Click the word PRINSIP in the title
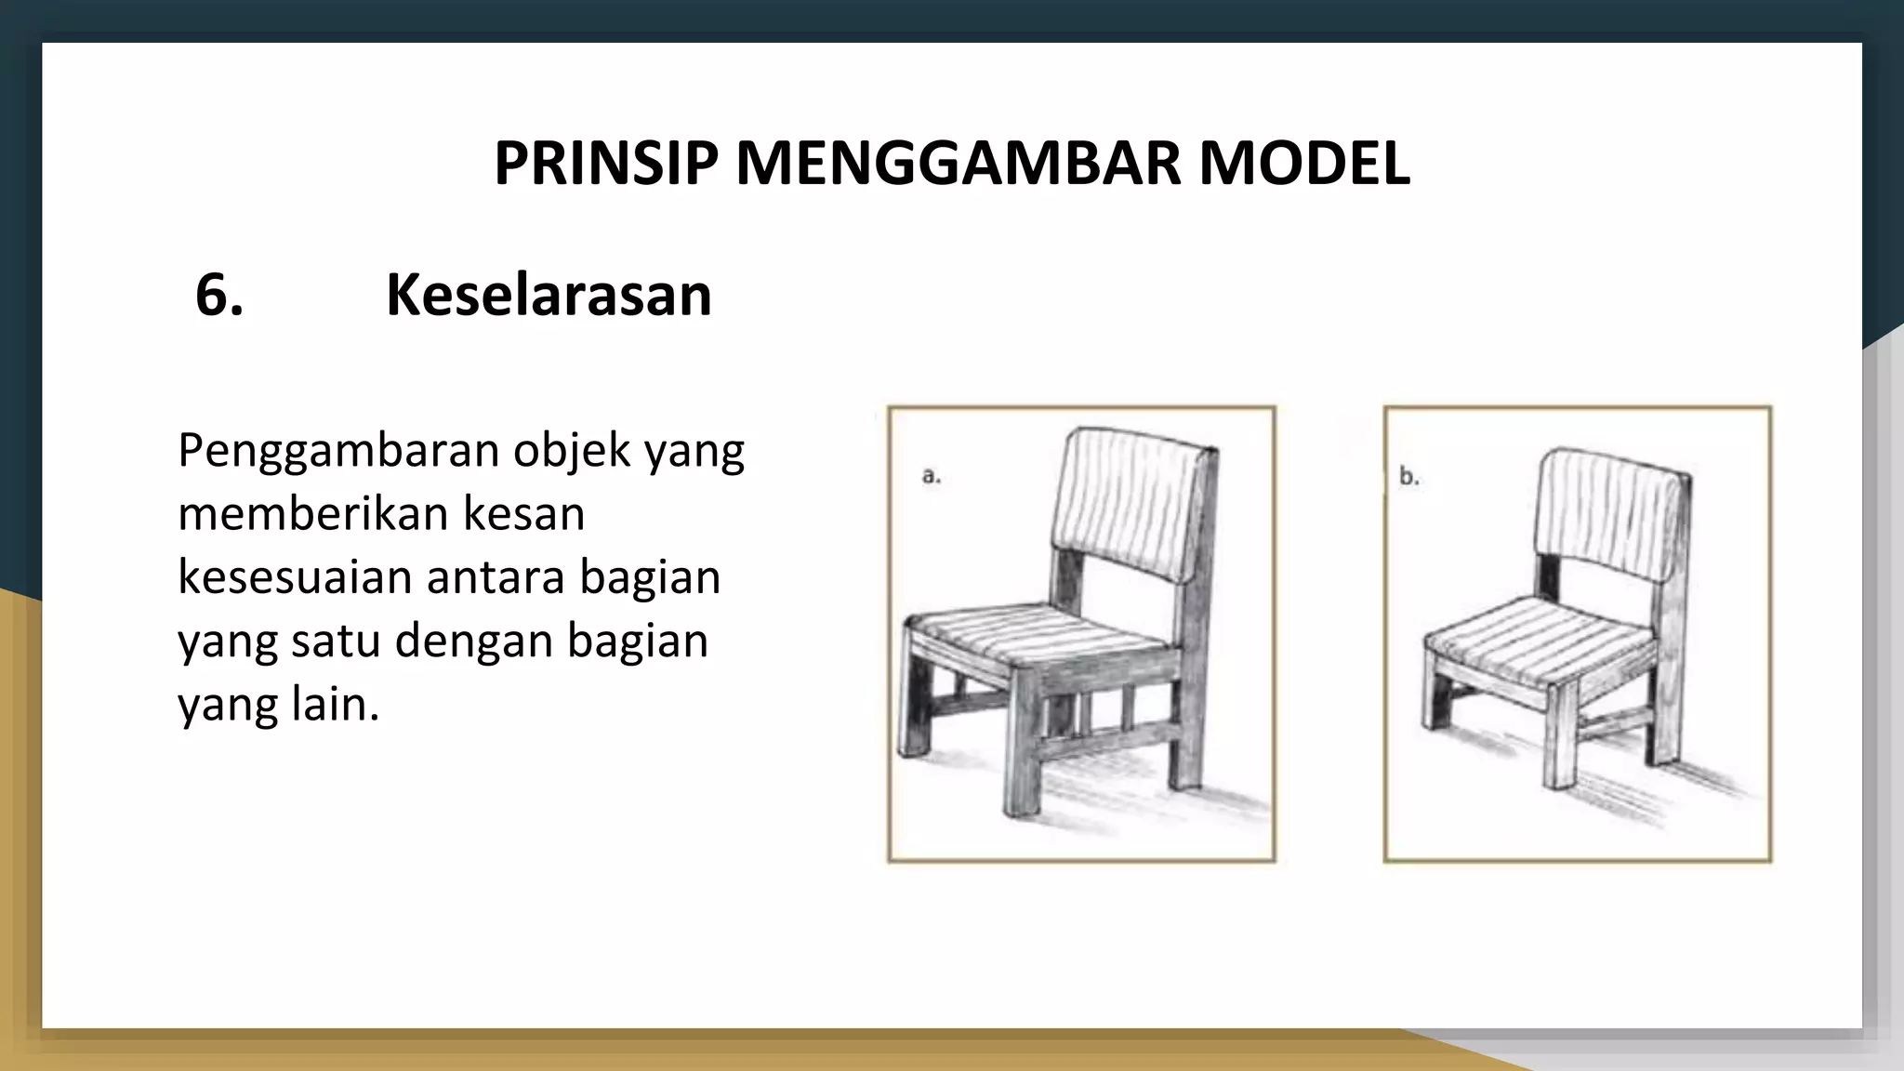click(605, 164)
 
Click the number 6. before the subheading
click(219, 296)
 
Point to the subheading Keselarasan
click(549, 296)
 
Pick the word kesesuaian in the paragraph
click(295, 577)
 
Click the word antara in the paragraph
click(496, 577)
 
